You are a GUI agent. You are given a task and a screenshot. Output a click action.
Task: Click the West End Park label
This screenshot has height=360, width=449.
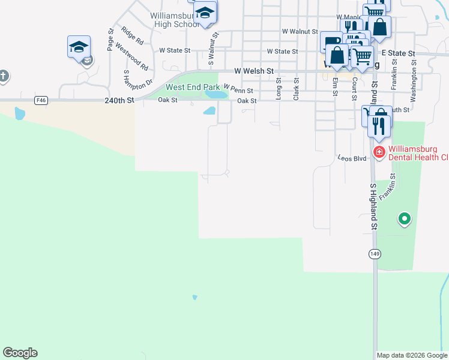coord(193,87)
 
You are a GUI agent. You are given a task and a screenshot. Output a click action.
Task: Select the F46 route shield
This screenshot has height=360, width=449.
coord(41,100)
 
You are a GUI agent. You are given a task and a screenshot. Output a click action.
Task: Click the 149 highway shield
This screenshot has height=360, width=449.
coord(375,254)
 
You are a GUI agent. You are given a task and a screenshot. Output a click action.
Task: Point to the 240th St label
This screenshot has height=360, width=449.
coord(118,101)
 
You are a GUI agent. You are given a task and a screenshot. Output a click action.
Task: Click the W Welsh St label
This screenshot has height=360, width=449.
coord(254,71)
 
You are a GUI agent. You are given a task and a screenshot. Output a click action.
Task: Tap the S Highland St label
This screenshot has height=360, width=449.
coord(373,206)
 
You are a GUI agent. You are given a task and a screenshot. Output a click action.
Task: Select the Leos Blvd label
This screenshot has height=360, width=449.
coord(352,158)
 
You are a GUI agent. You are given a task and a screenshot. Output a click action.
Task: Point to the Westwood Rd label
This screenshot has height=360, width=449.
coord(131,55)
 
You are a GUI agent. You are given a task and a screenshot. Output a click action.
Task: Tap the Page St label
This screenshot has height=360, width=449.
coord(110,40)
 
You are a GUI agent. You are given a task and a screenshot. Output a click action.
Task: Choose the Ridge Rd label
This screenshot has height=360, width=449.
coord(132,36)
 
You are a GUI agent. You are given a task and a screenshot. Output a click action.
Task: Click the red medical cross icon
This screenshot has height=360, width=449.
coord(379,152)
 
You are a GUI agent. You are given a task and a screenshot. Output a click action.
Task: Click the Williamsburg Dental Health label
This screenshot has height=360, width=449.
coord(418,152)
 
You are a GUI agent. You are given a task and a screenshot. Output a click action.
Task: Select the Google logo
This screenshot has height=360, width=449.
coord(20,353)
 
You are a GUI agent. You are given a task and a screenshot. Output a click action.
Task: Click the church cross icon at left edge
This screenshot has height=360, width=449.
coord(3,76)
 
